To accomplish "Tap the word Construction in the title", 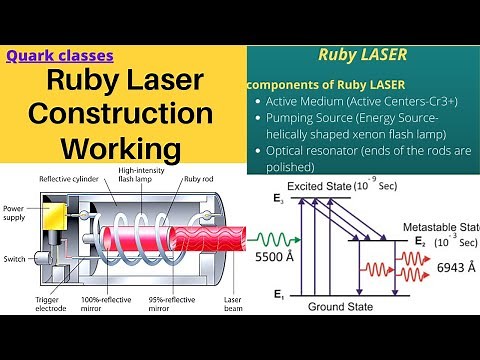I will click(x=120, y=114).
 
